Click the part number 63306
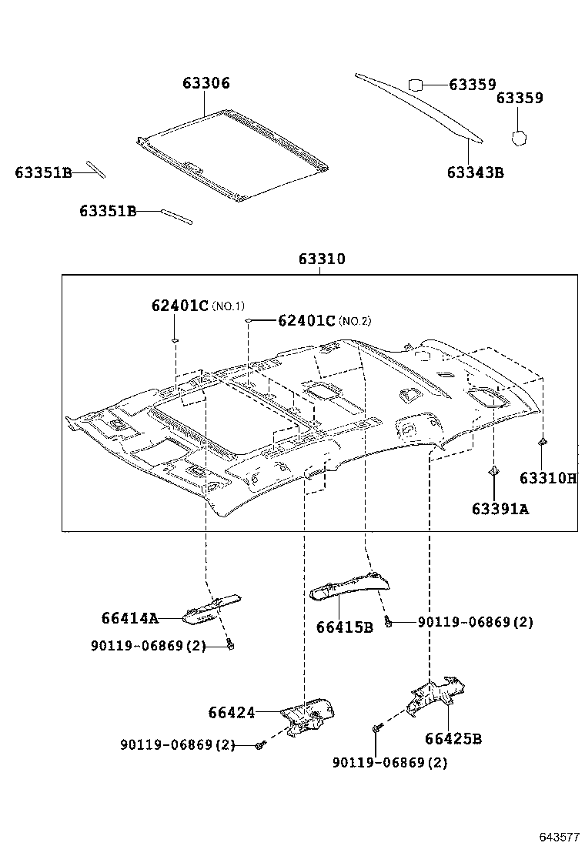pyautogui.click(x=206, y=84)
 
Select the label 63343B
pyautogui.click(x=475, y=172)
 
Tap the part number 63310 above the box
pyautogui.click(x=322, y=260)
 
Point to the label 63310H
pyautogui.click(x=547, y=478)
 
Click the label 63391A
pyautogui.click(x=500, y=509)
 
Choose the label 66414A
pyautogui.click(x=129, y=618)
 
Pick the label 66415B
pyautogui.click(x=344, y=627)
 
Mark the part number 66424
pyautogui.click(x=231, y=714)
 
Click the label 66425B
pyautogui.click(x=453, y=739)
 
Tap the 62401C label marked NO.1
pyautogui.click(x=180, y=306)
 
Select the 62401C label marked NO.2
pyautogui.click(x=306, y=321)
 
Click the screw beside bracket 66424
pyautogui.click(x=260, y=745)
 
